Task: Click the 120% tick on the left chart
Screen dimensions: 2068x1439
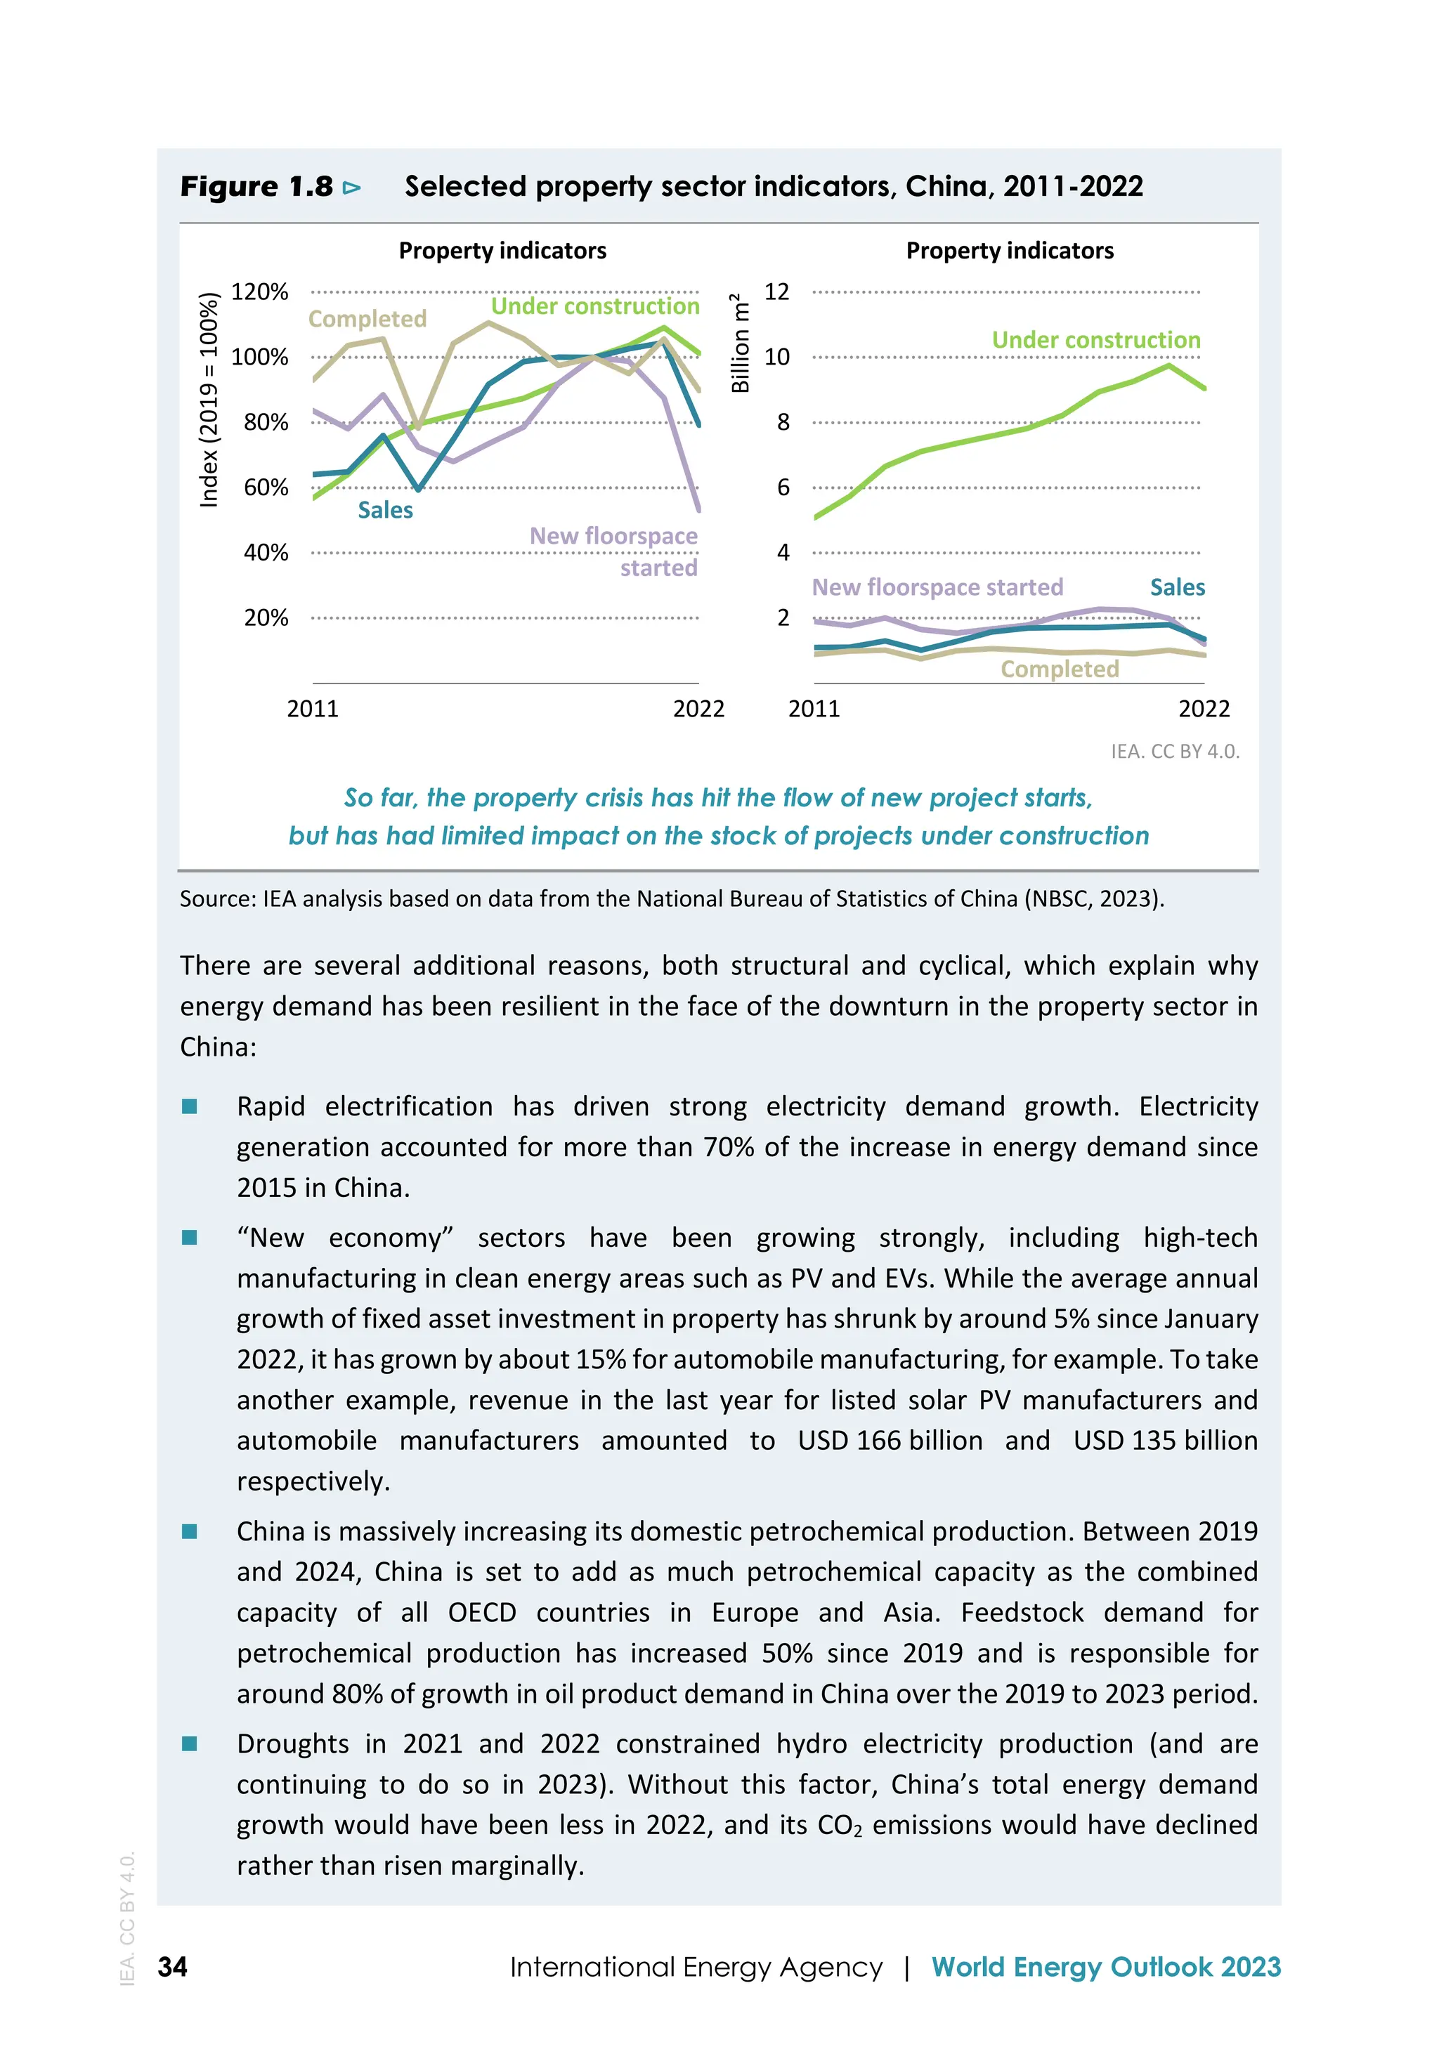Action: [259, 292]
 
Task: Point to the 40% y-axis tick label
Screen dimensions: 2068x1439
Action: [266, 552]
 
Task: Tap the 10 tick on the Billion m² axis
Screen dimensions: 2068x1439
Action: [776, 357]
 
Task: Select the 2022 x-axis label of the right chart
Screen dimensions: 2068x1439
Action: [1204, 709]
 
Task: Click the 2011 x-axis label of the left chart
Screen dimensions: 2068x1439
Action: [313, 709]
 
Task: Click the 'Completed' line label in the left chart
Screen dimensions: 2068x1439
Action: [367, 319]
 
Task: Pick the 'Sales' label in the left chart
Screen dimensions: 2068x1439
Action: [385, 510]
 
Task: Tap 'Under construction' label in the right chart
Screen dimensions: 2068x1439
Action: [1095, 339]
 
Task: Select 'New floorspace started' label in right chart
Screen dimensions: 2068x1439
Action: [937, 587]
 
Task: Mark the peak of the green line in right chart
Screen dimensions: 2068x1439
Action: [1168, 365]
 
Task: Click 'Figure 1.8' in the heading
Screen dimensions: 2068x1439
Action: [256, 186]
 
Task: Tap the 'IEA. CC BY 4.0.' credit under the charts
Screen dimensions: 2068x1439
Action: [1175, 751]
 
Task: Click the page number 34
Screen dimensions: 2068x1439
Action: [172, 1966]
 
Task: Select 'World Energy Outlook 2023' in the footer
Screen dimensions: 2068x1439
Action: [1106, 1966]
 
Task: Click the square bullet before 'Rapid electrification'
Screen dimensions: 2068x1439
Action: [189, 1107]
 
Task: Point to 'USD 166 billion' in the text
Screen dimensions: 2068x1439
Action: [890, 1440]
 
